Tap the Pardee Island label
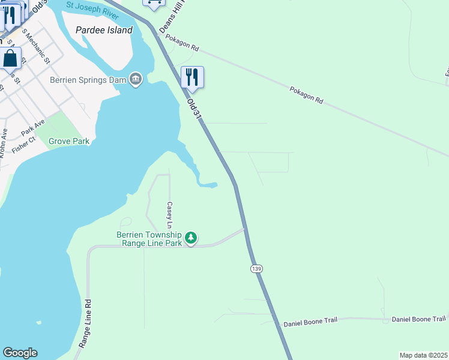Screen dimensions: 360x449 [x=104, y=30]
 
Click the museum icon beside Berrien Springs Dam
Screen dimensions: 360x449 [x=136, y=79]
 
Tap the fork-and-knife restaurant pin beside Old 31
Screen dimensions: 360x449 [x=192, y=77]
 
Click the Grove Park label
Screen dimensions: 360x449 [x=69, y=142]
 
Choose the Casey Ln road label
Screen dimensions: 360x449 [x=170, y=215]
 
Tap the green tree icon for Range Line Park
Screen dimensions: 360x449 [x=191, y=238]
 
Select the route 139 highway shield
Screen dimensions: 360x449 [x=256, y=269]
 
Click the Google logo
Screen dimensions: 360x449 [x=19, y=353]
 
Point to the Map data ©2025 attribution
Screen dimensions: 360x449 [x=423, y=355]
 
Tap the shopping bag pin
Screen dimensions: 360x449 [x=10, y=59]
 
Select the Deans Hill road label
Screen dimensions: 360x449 [x=170, y=17]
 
